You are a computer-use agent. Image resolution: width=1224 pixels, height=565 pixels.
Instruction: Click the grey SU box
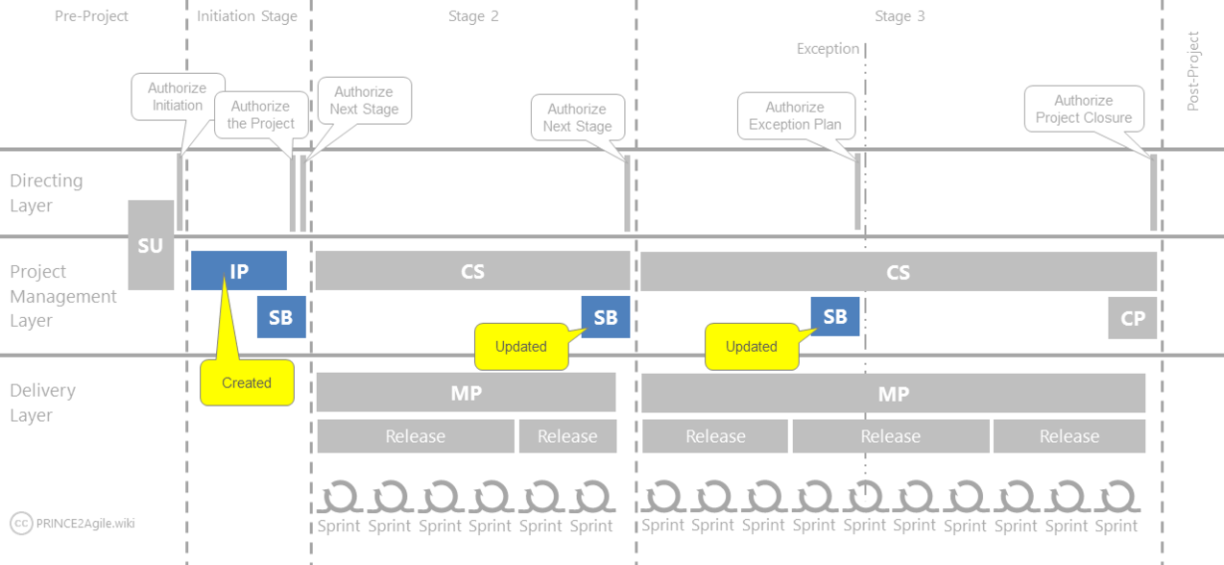(x=151, y=245)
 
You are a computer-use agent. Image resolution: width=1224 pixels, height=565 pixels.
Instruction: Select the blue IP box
(x=239, y=270)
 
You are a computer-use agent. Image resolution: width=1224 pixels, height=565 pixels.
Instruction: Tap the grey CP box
(x=1132, y=318)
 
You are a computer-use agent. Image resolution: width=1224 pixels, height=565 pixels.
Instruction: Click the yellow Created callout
(x=247, y=382)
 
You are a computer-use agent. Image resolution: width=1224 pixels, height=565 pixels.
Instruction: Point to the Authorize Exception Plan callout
(x=795, y=116)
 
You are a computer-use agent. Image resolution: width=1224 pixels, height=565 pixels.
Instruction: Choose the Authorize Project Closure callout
(x=1084, y=109)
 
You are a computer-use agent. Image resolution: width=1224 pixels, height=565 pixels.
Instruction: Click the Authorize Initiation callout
(x=178, y=97)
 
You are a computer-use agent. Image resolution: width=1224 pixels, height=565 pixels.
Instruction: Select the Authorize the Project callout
(x=260, y=115)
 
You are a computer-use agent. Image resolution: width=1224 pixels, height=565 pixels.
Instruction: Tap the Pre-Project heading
(x=91, y=16)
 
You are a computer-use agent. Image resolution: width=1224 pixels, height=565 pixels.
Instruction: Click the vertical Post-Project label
(x=1193, y=71)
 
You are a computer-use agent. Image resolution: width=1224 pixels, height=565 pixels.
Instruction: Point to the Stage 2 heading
(x=473, y=16)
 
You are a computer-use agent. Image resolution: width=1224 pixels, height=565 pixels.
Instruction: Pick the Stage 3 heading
(x=900, y=16)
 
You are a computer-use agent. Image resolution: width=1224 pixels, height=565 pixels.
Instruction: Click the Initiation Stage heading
(x=247, y=16)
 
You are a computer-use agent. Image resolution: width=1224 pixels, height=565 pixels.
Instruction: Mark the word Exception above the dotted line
(x=828, y=49)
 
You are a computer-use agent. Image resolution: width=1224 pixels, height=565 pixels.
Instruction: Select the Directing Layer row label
(x=46, y=193)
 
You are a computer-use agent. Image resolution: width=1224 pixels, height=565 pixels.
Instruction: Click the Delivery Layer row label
(x=42, y=403)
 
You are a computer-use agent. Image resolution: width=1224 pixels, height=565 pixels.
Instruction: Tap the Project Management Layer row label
(x=63, y=296)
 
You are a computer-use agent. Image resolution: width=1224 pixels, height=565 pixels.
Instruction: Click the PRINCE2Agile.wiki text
(x=85, y=524)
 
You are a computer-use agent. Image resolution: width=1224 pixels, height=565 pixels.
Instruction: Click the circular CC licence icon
(x=21, y=524)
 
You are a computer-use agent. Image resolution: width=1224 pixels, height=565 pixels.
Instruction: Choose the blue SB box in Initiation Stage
(x=281, y=318)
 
